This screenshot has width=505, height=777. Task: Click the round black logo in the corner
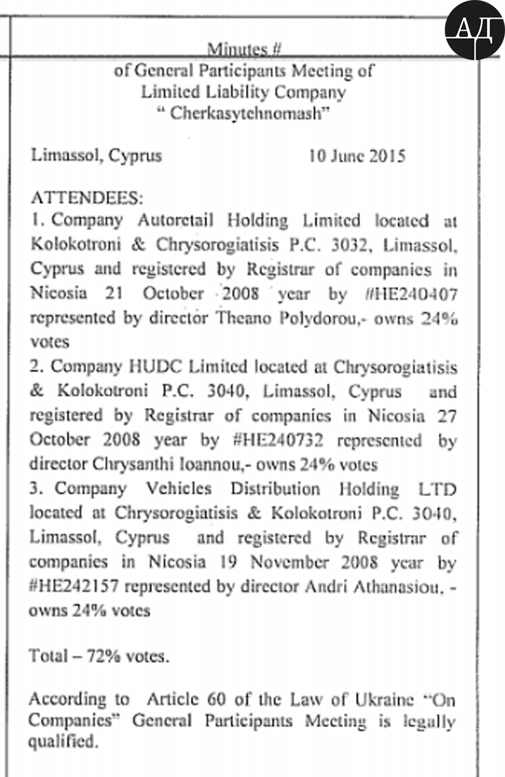click(474, 29)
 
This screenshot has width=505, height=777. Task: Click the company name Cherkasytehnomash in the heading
click(243, 114)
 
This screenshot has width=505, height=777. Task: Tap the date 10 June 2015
click(357, 156)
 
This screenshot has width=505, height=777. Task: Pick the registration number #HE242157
click(75, 587)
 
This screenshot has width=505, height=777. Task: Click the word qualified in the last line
click(63, 742)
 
